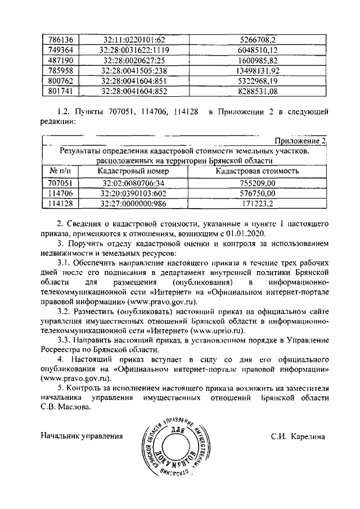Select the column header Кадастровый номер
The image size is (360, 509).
pos(133,171)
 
